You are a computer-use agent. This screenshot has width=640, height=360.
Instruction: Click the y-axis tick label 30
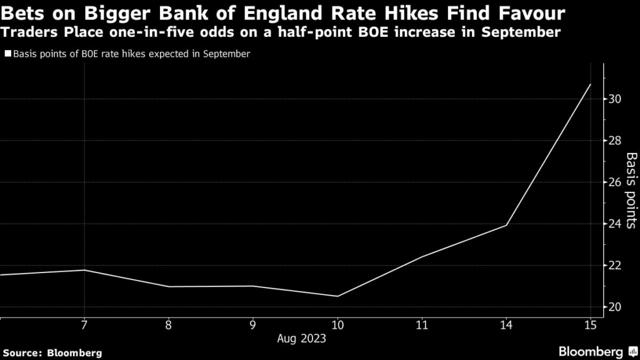[614, 99]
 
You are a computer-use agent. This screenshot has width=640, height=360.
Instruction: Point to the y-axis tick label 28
[614, 141]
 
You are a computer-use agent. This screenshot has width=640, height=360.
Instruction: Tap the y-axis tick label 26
[614, 182]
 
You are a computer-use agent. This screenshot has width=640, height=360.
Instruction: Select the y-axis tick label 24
[614, 224]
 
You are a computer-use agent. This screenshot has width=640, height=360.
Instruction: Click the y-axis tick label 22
[614, 266]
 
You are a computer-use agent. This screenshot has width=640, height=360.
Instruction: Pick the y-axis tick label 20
[614, 307]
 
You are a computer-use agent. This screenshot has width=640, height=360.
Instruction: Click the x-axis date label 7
[84, 326]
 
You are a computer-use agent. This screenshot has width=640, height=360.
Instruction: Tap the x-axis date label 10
[337, 326]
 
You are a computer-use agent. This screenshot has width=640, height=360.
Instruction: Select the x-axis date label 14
[506, 326]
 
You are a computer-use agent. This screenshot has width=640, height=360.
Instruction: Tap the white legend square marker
[7, 54]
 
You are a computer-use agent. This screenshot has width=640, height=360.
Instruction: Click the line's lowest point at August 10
[337, 296]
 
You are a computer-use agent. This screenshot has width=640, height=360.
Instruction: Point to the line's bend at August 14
[506, 225]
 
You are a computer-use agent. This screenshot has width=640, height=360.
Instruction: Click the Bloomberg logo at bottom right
[596, 351]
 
